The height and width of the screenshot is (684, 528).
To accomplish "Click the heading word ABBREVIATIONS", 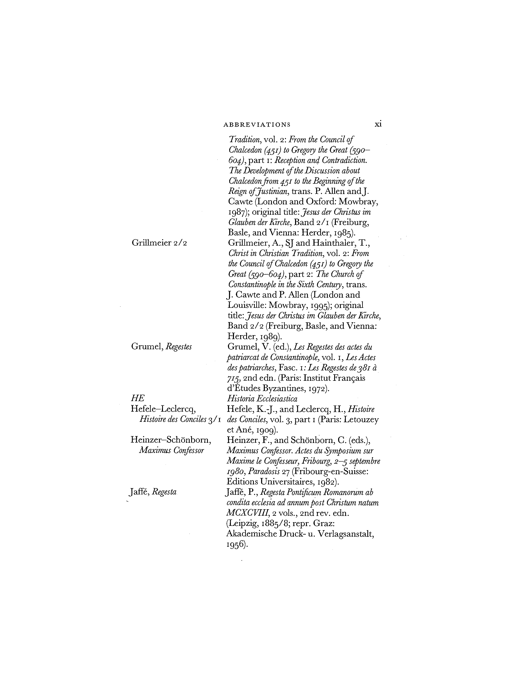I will pyautogui.click(x=257, y=125).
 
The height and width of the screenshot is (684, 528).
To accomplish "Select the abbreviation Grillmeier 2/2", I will pyautogui.click(x=159, y=243).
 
